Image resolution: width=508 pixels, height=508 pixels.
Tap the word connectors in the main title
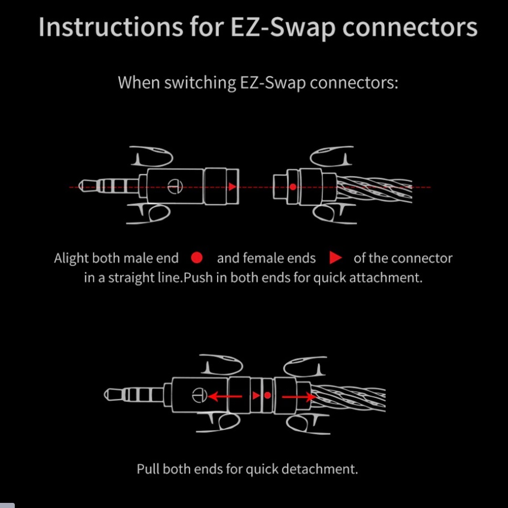(410, 27)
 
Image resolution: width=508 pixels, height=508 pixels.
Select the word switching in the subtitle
(200, 83)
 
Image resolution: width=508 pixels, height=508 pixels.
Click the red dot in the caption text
(197, 258)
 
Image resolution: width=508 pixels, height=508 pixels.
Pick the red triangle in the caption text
(335, 258)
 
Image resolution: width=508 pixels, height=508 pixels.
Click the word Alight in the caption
(71, 259)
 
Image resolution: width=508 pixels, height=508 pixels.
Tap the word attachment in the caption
(386, 278)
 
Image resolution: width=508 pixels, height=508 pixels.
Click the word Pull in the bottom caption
(148, 469)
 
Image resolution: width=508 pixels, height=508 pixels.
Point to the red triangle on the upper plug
(232, 186)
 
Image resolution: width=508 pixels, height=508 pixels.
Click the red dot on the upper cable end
(293, 187)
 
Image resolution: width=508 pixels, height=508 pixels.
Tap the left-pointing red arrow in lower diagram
(224, 396)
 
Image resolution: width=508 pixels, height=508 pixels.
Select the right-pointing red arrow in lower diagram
(299, 397)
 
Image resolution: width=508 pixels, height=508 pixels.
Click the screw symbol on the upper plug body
(175, 186)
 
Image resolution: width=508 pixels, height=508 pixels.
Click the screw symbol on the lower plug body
(199, 395)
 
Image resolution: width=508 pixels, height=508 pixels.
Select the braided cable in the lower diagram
(348, 398)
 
